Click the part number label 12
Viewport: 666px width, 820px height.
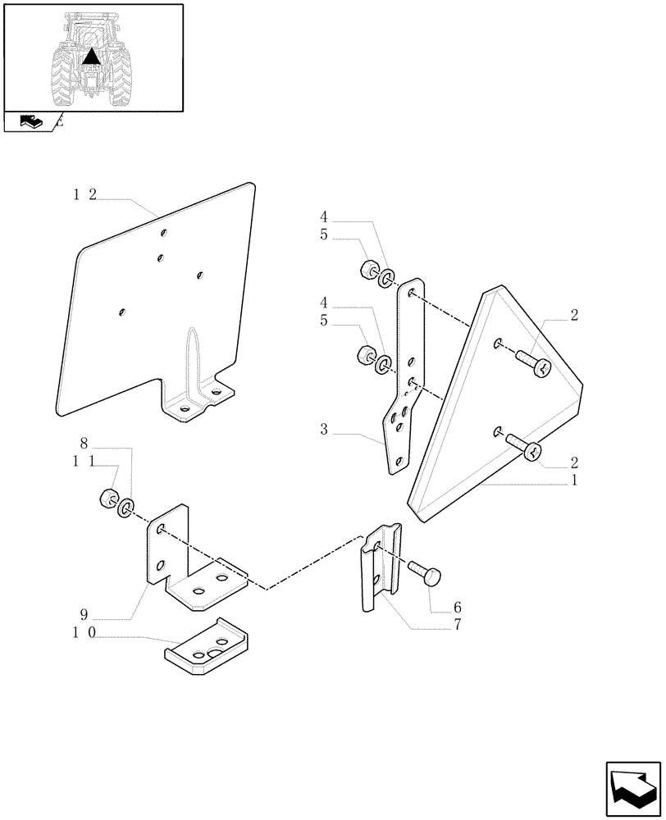point(84,194)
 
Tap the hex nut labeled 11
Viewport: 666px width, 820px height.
point(107,498)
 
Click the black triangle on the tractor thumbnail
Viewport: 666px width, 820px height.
point(92,57)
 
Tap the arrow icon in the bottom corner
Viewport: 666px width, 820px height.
point(632,786)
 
